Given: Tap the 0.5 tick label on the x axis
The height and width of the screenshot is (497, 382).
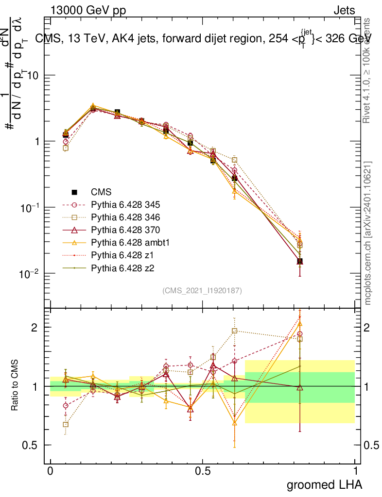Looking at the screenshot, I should click(x=203, y=471).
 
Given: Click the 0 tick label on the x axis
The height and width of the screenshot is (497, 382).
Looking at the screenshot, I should click(x=50, y=471).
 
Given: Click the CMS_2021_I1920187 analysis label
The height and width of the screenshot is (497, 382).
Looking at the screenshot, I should click(x=202, y=290).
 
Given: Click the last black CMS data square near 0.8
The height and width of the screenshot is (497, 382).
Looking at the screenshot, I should click(x=300, y=262).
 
